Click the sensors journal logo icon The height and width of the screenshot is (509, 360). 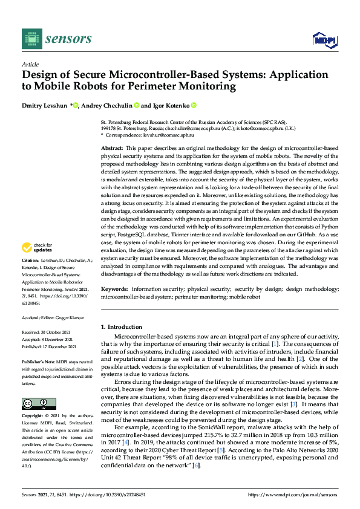(30, 39)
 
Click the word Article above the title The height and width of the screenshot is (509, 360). (30, 63)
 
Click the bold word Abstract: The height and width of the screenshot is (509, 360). (112, 148)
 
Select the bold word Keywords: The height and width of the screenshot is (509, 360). (114, 290)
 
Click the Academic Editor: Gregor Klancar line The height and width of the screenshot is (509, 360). (51, 317)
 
